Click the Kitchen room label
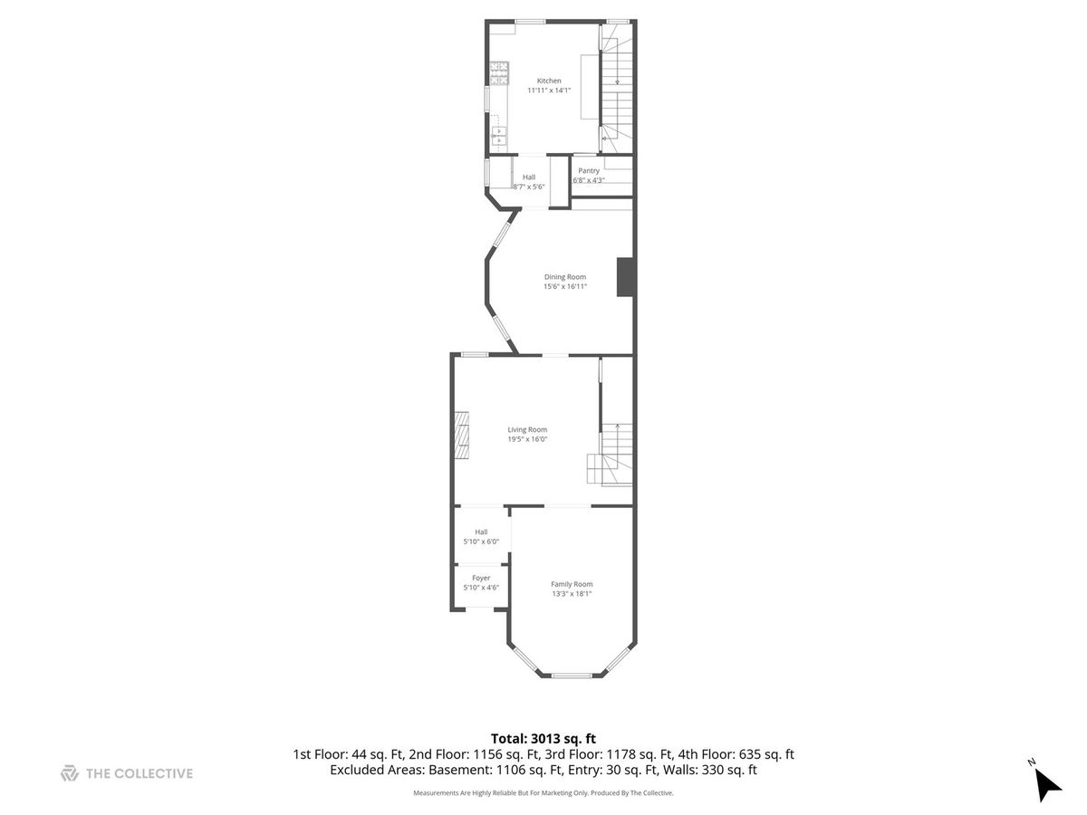pyautogui.click(x=549, y=81)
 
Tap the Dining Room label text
pyautogui.click(x=564, y=276)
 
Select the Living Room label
pyautogui.click(x=527, y=429)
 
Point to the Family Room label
pyautogui.click(x=572, y=584)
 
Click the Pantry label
pyautogui.click(x=588, y=171)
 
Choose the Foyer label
pyautogui.click(x=481, y=578)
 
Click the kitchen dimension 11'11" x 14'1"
pyautogui.click(x=549, y=90)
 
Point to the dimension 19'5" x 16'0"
pyautogui.click(x=527, y=439)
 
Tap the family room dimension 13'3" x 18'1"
pyautogui.click(x=572, y=593)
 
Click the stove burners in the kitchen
pyautogui.click(x=499, y=72)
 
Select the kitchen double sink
pyautogui.click(x=499, y=136)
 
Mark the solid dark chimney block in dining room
pyautogui.click(x=625, y=277)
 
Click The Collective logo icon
pyautogui.click(x=70, y=773)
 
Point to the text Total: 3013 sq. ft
pyautogui.click(x=543, y=739)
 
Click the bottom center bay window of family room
pyautogui.click(x=572, y=675)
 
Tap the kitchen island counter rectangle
pyautogui.click(x=590, y=87)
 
